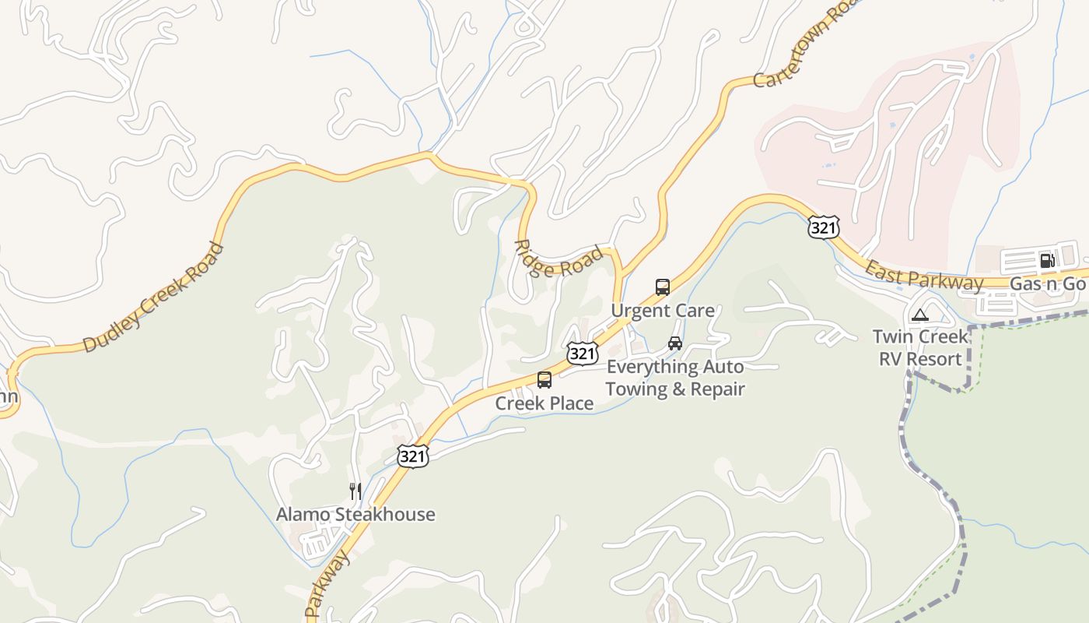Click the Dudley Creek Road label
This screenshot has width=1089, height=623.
pos(152,297)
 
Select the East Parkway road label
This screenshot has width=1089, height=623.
pos(924,276)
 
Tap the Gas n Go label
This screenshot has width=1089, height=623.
pos(1047,284)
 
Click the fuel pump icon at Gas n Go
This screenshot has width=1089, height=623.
pos(1047,260)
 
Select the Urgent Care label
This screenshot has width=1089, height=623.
pos(662,311)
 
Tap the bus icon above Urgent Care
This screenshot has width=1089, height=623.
pos(662,287)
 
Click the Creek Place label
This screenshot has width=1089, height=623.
pos(544,403)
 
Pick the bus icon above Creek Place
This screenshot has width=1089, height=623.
pos(544,380)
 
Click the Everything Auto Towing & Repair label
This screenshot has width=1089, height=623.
pos(674,378)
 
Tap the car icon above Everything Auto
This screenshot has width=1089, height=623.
pos(674,343)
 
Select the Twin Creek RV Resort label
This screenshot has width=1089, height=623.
pos(920,347)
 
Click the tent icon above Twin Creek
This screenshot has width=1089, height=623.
pos(920,315)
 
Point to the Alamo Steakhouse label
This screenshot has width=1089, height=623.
pos(355,515)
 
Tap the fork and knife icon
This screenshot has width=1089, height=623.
pos(355,491)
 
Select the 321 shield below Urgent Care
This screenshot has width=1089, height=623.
pos(581,354)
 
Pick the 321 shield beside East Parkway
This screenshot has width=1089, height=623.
pos(823,227)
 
